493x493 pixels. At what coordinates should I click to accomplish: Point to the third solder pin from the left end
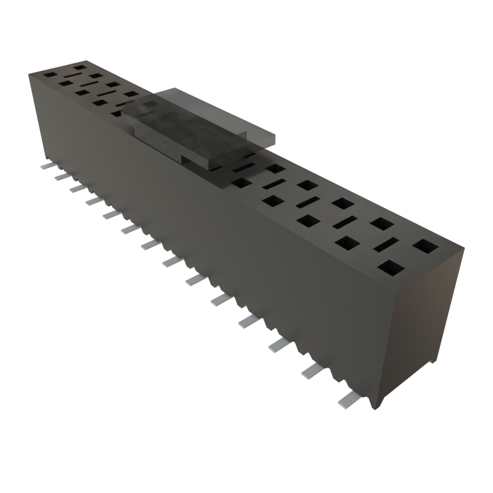tap(77, 188)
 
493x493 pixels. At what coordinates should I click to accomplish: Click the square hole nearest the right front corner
tap(391, 268)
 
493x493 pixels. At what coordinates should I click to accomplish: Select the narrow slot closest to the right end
tap(387, 245)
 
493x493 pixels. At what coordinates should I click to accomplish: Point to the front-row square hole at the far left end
tap(49, 75)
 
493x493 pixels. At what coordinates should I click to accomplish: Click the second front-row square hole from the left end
tap(65, 83)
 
